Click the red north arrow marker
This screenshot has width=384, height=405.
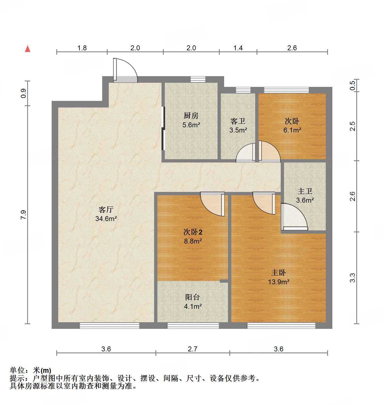point(27,49)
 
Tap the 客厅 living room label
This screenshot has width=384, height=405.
point(106,210)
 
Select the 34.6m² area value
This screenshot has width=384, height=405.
point(106,219)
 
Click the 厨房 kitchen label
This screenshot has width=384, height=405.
point(191,116)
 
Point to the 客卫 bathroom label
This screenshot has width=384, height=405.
point(238,121)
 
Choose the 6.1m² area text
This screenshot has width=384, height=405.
point(292,130)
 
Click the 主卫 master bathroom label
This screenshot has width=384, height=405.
point(305,191)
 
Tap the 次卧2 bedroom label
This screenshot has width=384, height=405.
point(193,232)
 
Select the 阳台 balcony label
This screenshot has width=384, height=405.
point(193,297)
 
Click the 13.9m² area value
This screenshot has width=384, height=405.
point(279,282)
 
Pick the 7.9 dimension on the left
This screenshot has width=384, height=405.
point(23,214)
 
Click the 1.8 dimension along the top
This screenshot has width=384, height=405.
point(82,48)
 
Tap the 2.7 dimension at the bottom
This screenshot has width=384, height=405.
point(193,349)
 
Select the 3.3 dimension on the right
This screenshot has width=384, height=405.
point(353,278)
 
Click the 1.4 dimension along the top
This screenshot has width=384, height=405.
point(238,48)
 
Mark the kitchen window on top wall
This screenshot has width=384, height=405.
point(198,79)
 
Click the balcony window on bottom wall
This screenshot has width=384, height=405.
point(193,326)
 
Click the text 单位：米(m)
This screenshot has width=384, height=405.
point(30,370)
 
